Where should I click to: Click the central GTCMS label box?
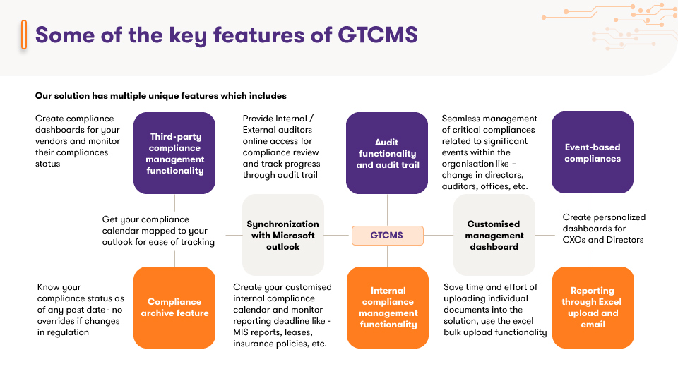click(388, 236)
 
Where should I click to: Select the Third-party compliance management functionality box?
click(174, 153)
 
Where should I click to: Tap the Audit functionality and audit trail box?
click(387, 153)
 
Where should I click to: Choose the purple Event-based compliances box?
click(593, 152)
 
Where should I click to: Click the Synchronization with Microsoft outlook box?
click(283, 235)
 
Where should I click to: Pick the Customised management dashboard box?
click(494, 235)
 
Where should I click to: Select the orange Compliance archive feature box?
click(174, 308)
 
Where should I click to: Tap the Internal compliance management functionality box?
click(388, 308)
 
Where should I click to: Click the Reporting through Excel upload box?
click(593, 308)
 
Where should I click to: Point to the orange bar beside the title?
click(24, 34)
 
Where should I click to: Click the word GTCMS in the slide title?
click(378, 35)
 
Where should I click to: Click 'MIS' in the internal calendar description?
click(242, 332)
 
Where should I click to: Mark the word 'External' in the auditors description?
click(258, 130)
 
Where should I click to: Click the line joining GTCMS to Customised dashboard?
click(439, 236)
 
